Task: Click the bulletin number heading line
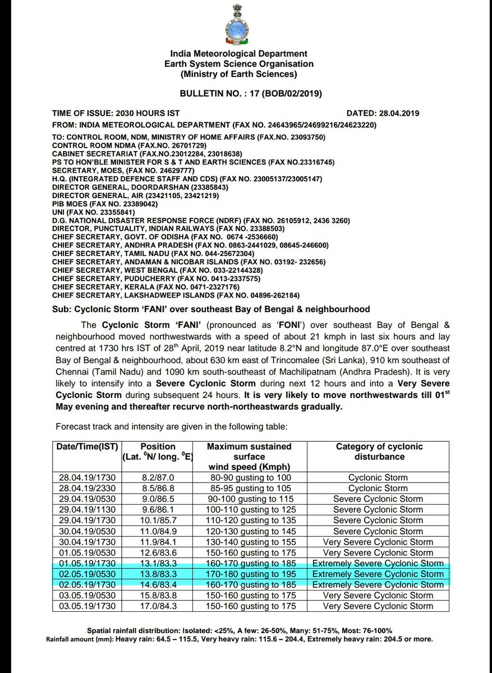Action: pos(251,93)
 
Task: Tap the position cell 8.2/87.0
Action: pos(158,478)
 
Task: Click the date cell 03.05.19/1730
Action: pos(87,606)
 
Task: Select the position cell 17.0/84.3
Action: pos(158,606)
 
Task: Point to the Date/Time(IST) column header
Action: pos(87,447)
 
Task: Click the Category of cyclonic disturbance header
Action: pos(379,452)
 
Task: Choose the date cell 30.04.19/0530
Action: pos(87,532)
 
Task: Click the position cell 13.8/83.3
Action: pos(158,574)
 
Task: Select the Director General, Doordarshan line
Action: pos(140,186)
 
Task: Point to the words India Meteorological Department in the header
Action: pos(239,53)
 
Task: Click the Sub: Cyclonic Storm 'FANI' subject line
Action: pos(211,309)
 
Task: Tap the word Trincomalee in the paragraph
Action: pos(297,360)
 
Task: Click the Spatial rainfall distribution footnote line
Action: pos(239,631)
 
